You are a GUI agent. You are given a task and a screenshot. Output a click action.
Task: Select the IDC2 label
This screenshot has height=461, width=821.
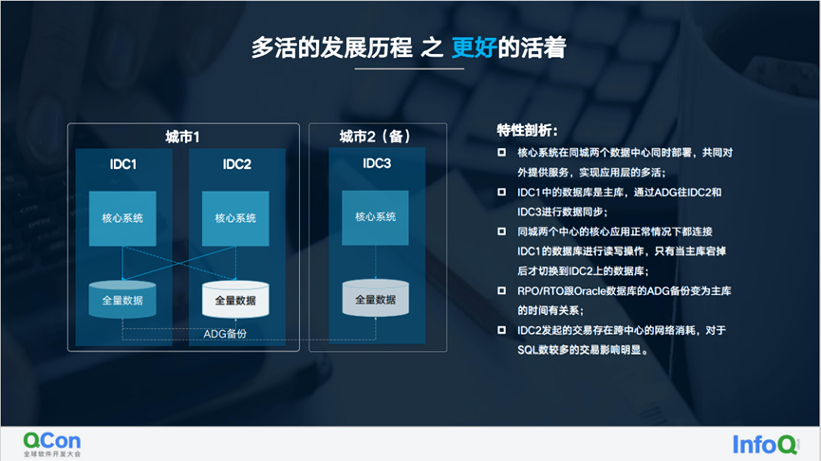click(x=236, y=164)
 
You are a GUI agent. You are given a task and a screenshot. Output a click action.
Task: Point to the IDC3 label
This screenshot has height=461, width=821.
click(x=376, y=163)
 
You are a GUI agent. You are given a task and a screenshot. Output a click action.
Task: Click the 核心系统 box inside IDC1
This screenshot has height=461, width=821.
click(x=122, y=218)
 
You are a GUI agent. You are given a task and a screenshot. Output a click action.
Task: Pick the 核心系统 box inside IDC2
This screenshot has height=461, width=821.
click(x=235, y=218)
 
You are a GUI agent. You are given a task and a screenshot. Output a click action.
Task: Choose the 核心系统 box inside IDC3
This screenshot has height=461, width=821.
click(x=376, y=217)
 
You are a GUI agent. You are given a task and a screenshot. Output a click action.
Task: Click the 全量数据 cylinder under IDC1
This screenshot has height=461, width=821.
click(x=122, y=299)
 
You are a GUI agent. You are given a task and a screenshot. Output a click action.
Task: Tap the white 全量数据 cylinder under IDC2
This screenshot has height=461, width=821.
click(x=235, y=299)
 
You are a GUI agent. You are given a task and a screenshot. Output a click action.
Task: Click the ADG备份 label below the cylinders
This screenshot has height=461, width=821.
click(x=225, y=334)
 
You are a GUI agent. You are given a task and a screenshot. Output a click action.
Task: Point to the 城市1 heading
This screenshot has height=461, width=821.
click(x=182, y=138)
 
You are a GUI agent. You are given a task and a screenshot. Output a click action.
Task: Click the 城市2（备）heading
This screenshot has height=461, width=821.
click(x=376, y=137)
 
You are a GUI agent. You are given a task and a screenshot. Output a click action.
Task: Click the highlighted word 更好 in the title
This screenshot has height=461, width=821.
click(x=476, y=47)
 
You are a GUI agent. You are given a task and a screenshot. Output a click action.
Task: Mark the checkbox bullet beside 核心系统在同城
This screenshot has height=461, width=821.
click(x=502, y=153)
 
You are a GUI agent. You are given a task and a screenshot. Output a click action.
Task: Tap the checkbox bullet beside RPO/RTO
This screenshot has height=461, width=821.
click(x=502, y=291)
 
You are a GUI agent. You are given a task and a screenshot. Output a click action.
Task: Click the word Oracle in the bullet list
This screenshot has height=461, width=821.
click(x=594, y=291)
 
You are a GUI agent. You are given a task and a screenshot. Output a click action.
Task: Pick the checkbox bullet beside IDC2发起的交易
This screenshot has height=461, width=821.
click(x=502, y=330)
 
